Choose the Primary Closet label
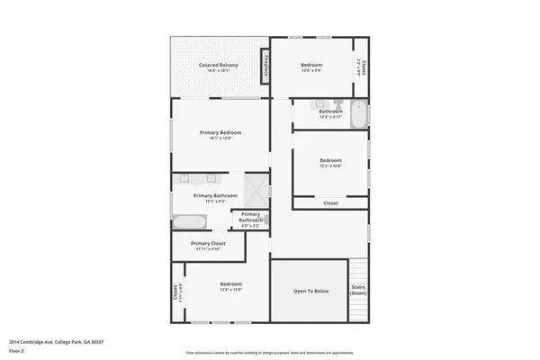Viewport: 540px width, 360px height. click(208, 243)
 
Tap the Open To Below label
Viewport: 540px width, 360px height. click(310, 292)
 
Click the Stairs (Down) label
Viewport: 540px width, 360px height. click(358, 291)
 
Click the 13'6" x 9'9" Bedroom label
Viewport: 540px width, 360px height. click(311, 66)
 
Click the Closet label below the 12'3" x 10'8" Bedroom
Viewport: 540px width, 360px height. click(330, 203)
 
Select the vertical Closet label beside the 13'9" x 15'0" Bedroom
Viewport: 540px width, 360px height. click(175, 293)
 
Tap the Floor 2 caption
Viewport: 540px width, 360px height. click(16, 351)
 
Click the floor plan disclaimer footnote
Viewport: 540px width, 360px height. click(269, 353)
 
